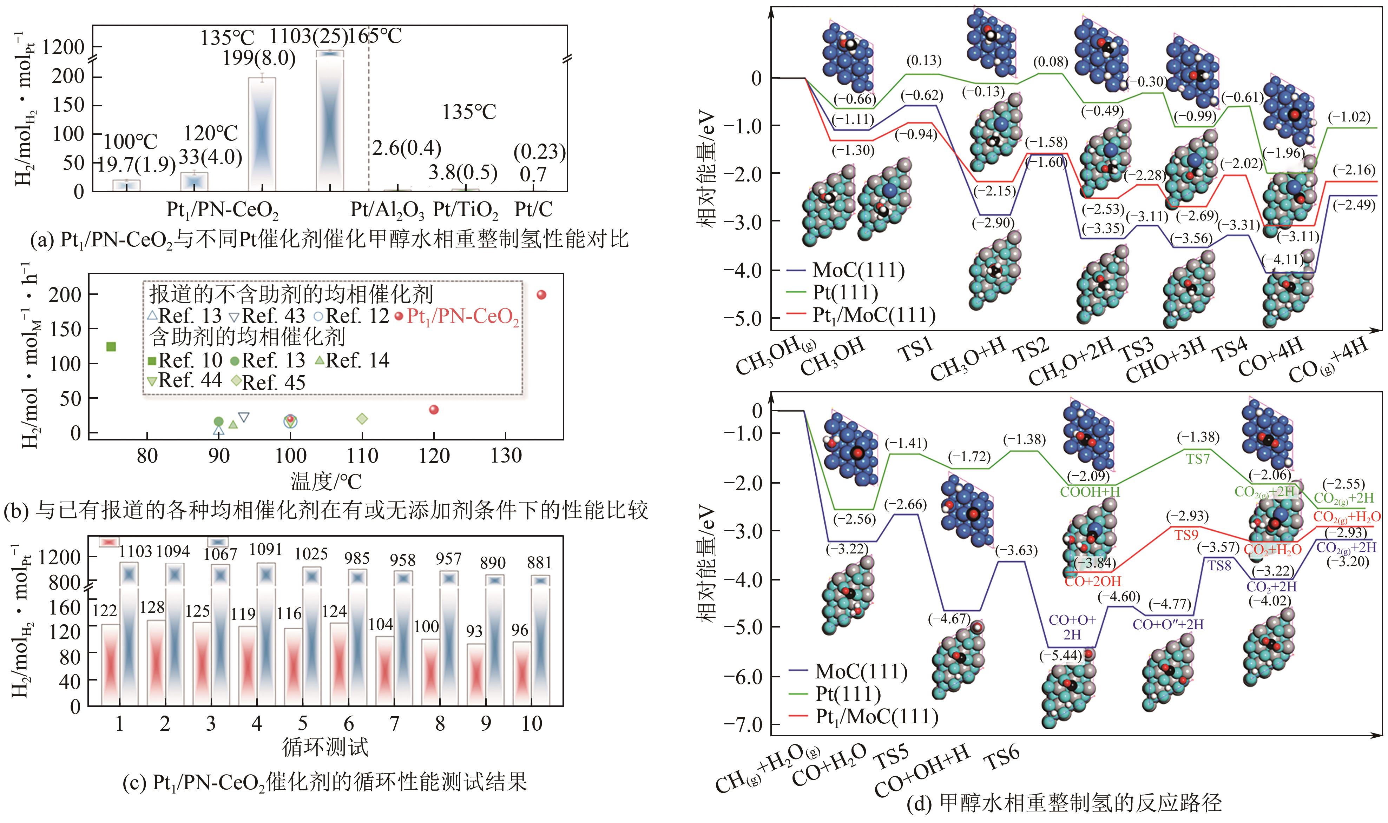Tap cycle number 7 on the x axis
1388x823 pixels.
pos(394,724)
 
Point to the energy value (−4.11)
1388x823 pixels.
pos(1282,260)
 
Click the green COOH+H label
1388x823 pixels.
pos(1090,491)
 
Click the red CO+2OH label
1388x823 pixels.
pos(1092,581)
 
